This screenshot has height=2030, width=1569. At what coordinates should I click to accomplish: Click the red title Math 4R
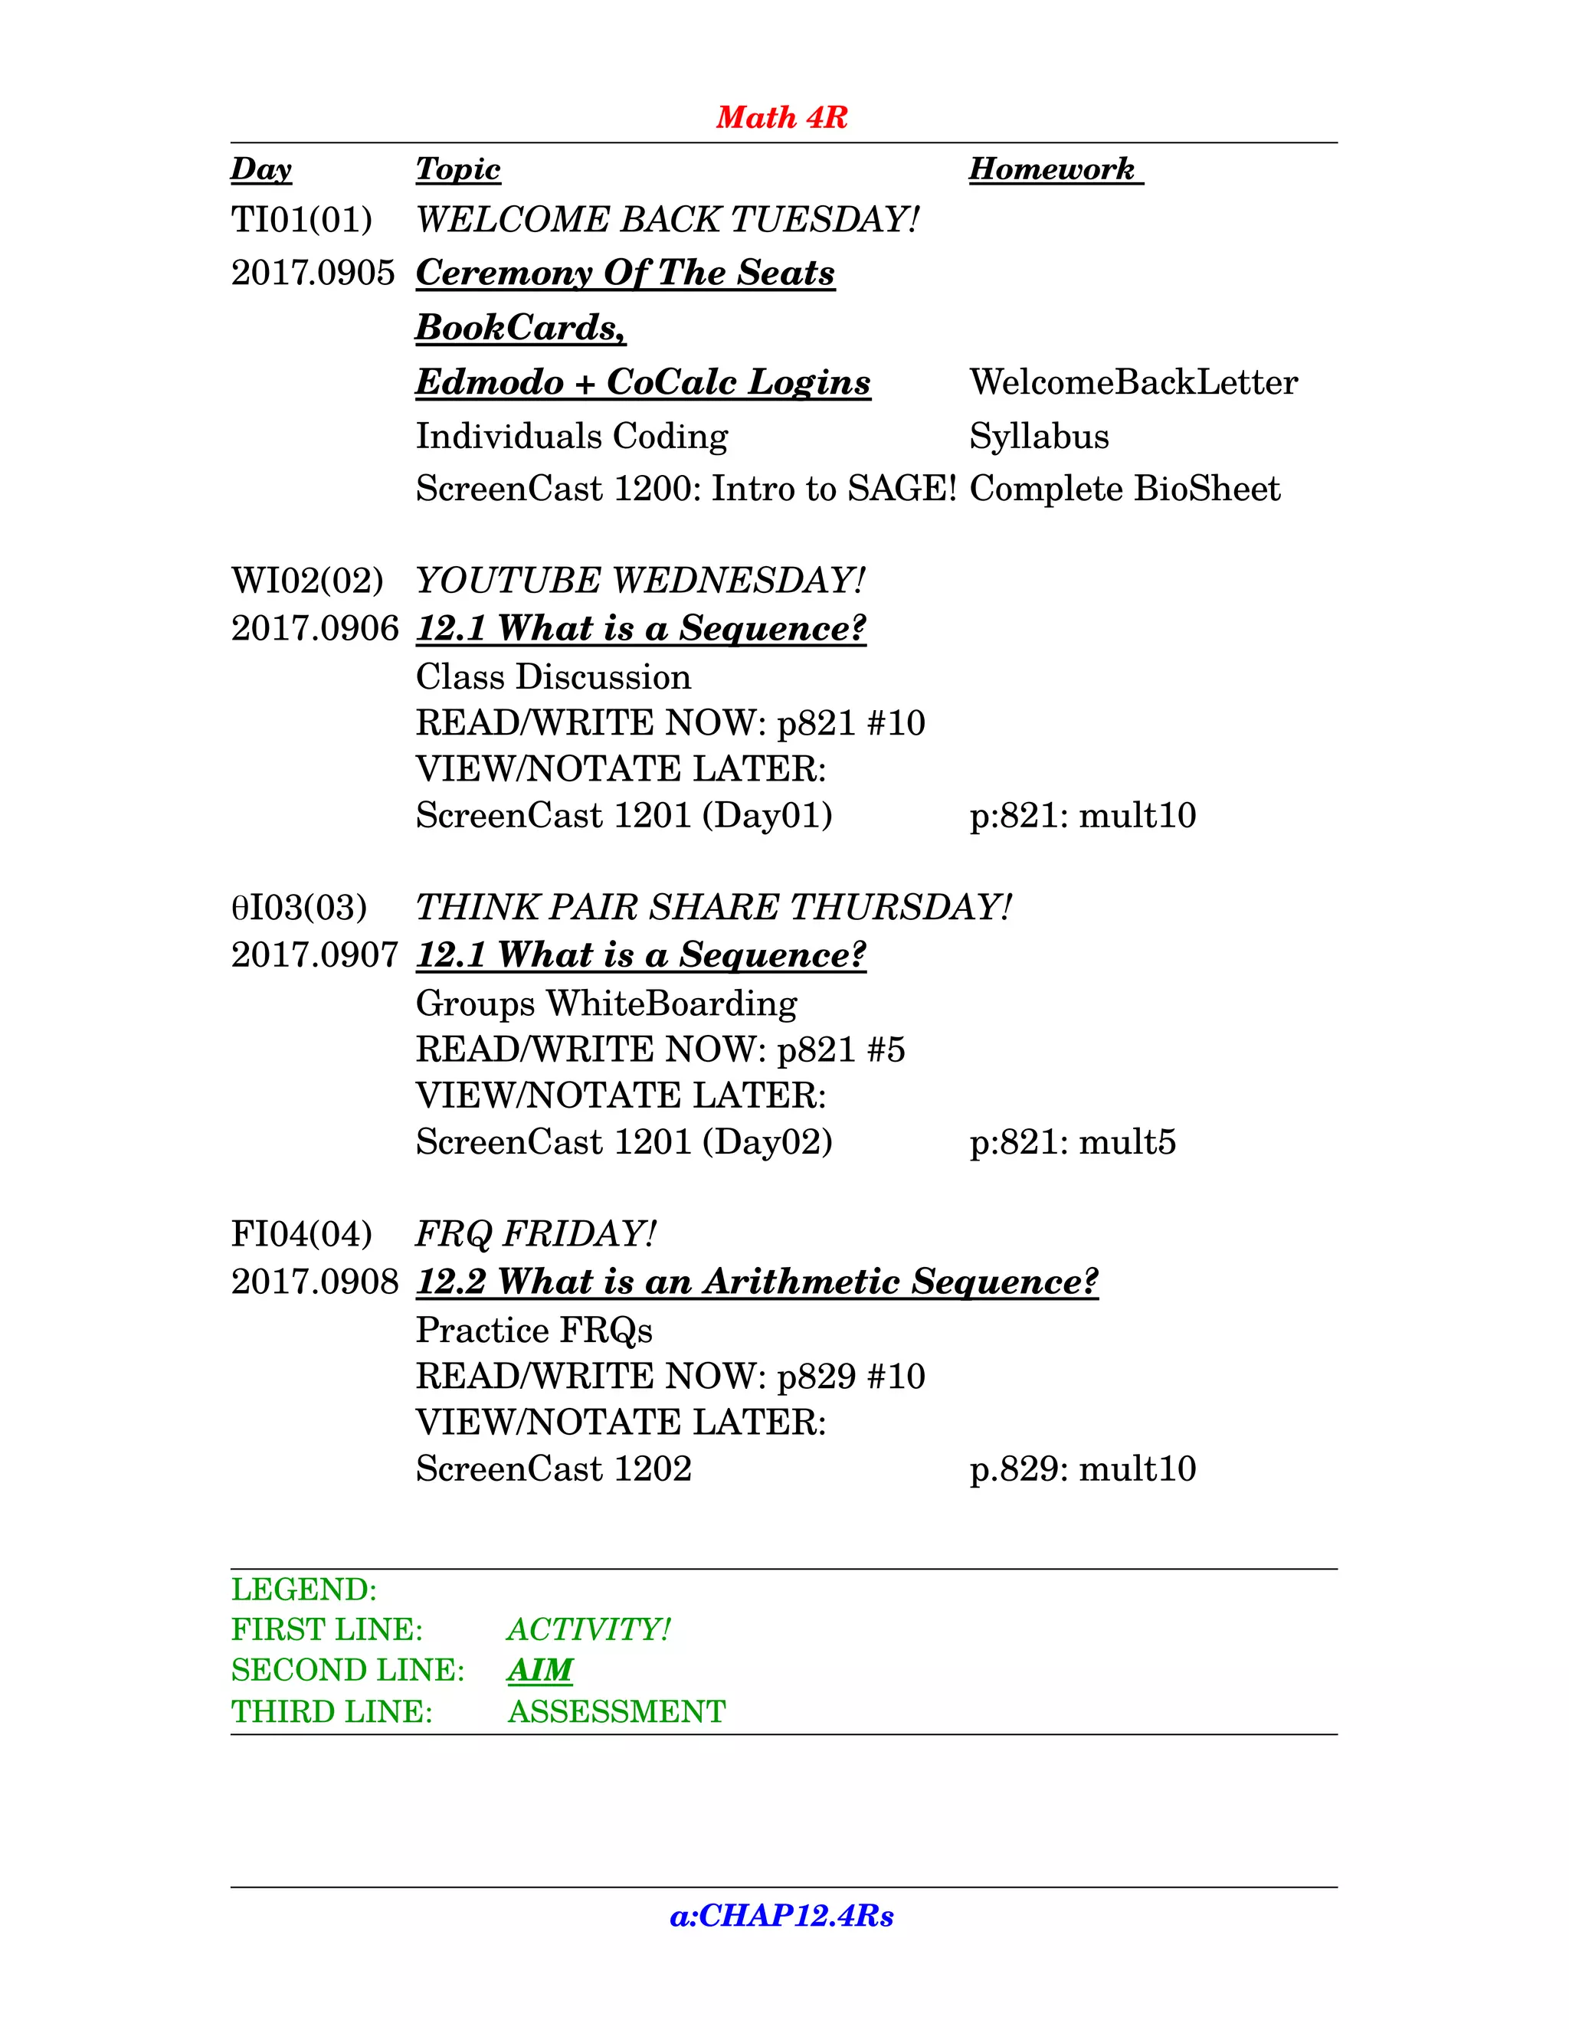(x=781, y=117)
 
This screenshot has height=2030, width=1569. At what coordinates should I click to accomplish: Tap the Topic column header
(x=457, y=169)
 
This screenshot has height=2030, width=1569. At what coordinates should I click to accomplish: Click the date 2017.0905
(x=313, y=273)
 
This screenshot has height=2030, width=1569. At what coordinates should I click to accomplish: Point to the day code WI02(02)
(x=306, y=580)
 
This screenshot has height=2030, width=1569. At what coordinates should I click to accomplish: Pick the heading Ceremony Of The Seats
(x=624, y=273)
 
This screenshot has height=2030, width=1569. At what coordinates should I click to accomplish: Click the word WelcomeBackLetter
(x=1133, y=382)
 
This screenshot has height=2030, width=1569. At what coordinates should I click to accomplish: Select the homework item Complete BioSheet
(x=1125, y=489)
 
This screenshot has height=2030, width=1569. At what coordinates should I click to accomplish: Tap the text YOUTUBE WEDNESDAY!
(x=640, y=580)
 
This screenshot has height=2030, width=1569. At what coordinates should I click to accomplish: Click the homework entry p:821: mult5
(x=1073, y=1142)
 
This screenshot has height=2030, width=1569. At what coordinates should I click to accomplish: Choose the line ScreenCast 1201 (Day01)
(x=624, y=816)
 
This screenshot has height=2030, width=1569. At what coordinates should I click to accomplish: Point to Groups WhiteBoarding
(x=606, y=1004)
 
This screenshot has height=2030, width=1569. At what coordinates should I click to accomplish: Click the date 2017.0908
(x=314, y=1282)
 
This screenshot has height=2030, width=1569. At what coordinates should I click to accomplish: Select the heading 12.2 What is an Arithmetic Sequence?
(x=757, y=1282)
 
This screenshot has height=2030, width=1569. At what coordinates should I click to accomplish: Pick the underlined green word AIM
(x=540, y=1670)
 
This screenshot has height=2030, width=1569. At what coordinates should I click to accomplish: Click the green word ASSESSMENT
(x=616, y=1712)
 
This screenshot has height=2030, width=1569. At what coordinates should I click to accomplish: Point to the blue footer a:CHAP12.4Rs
(x=781, y=1916)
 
